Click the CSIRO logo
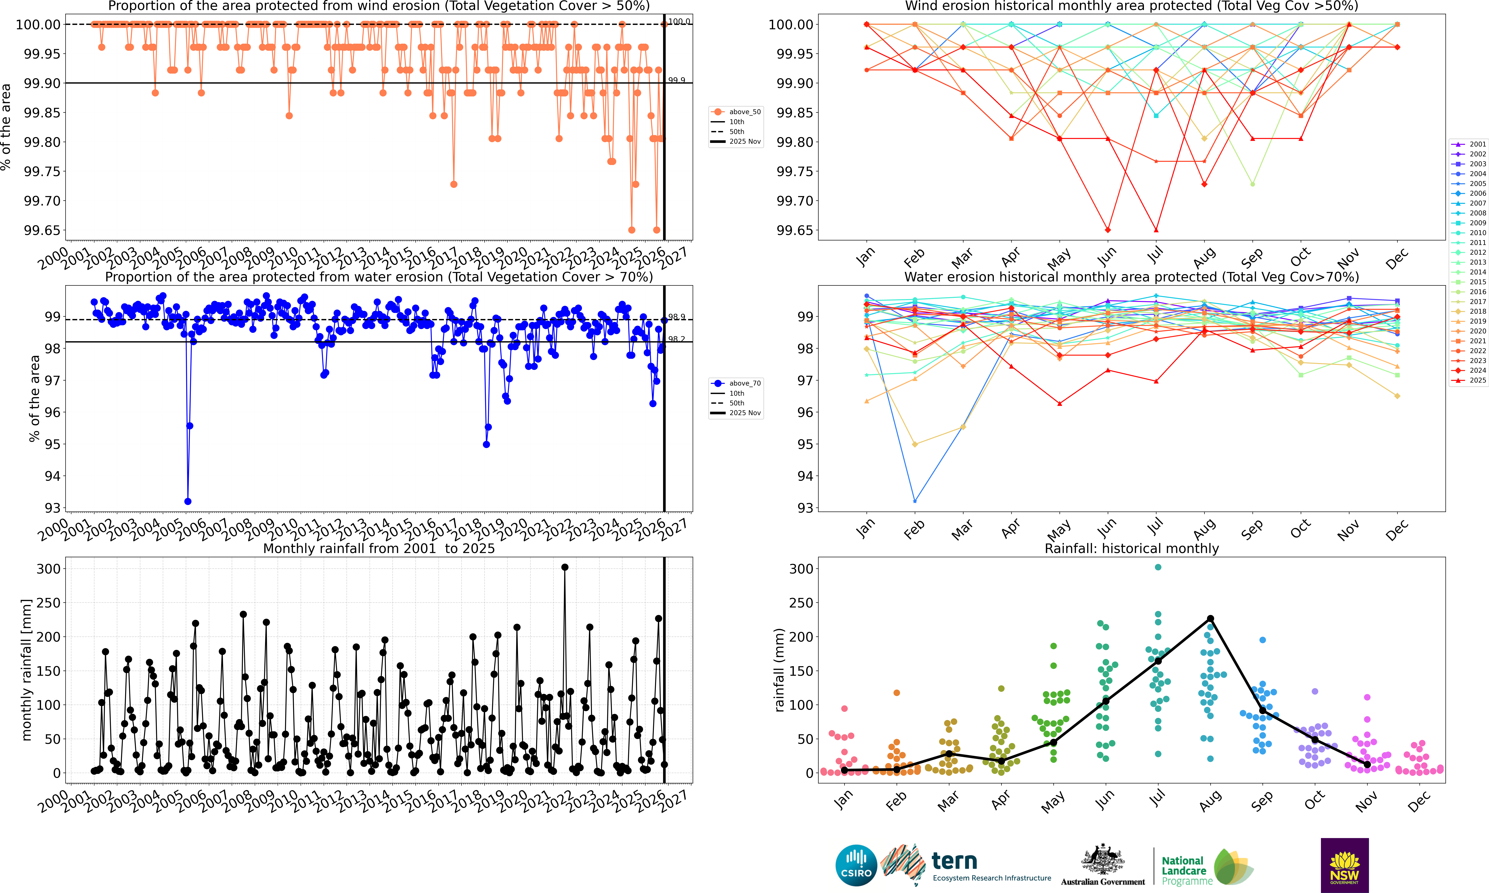[x=856, y=865]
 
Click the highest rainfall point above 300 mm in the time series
[x=564, y=567]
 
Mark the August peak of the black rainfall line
[x=1210, y=619]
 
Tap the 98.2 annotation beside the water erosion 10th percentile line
[x=676, y=339]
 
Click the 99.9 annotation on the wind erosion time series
[x=676, y=80]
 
